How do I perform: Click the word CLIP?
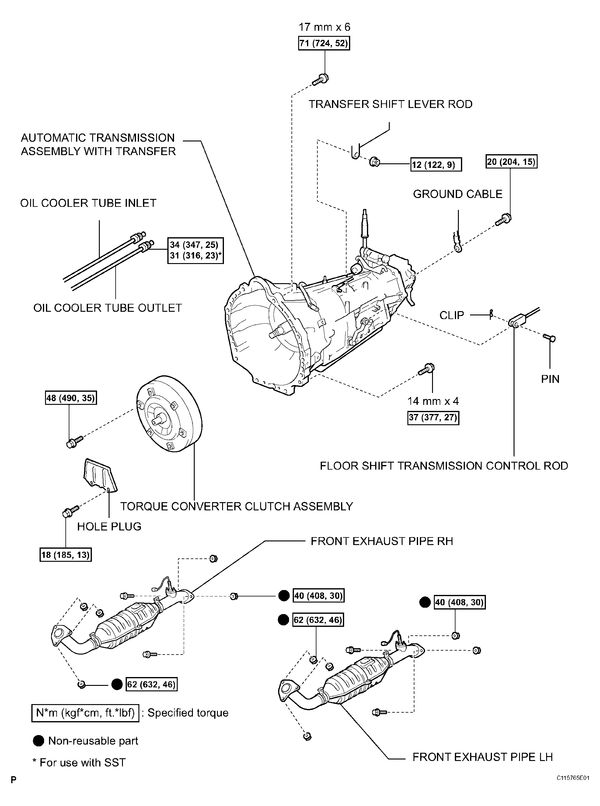point(452,315)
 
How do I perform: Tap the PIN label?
point(550,379)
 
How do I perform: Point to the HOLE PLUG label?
point(109,526)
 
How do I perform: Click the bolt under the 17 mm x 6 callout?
point(321,79)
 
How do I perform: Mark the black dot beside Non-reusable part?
point(39,741)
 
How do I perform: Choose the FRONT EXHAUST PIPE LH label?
point(482,757)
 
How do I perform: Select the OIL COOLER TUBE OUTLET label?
point(107,308)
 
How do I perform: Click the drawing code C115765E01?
point(573,778)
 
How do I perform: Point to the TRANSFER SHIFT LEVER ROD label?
point(390,104)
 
